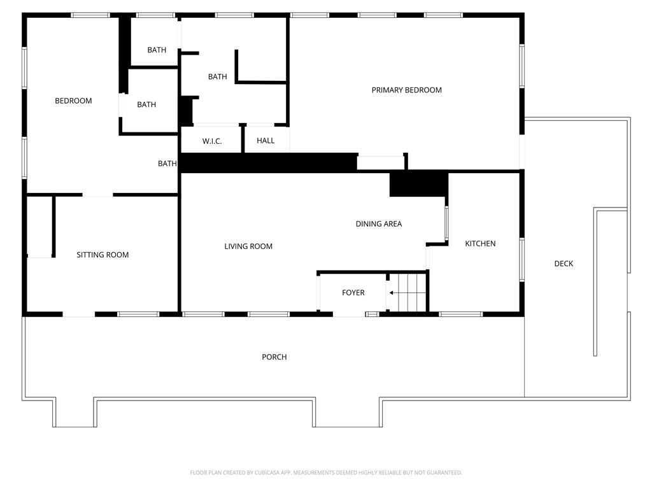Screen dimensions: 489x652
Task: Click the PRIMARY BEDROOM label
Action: coord(406,90)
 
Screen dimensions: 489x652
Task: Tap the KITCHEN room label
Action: coord(480,243)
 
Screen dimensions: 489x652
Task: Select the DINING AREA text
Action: coord(378,223)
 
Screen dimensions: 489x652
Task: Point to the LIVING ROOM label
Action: coord(248,246)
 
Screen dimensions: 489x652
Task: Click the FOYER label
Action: coord(353,292)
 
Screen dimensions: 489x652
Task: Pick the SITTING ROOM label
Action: coord(103,255)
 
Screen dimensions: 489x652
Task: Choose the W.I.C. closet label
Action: coord(212,141)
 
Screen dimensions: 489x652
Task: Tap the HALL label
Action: coord(266,140)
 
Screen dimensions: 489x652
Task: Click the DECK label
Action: coord(563,264)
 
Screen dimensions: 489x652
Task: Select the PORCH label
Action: coord(274,357)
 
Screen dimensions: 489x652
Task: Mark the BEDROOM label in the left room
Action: coord(73,101)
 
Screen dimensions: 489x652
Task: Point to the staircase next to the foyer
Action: coord(407,293)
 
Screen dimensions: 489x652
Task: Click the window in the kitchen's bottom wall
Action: coord(461,314)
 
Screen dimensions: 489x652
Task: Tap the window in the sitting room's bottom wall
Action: coord(138,314)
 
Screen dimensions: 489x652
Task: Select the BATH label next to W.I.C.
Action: coord(167,164)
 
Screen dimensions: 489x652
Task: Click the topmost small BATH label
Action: coord(157,50)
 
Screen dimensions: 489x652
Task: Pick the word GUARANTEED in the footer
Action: coord(440,472)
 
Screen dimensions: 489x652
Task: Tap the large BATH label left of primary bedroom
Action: coord(217,76)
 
